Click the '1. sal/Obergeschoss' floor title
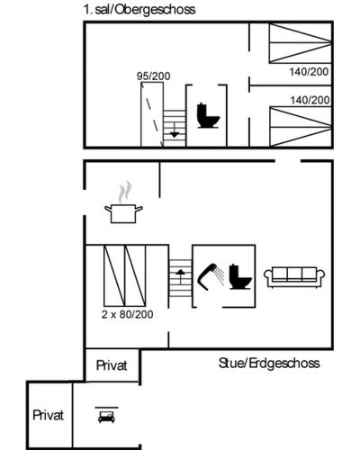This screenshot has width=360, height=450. (x=139, y=10)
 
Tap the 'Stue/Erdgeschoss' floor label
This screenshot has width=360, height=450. (x=269, y=364)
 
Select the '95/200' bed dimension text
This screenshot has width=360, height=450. (x=153, y=76)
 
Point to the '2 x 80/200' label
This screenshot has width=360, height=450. (x=127, y=314)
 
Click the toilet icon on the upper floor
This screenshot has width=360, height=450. (x=208, y=116)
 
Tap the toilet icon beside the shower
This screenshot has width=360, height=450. (x=240, y=276)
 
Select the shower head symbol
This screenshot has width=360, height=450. (x=211, y=276)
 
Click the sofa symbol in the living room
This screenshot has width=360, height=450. (x=294, y=277)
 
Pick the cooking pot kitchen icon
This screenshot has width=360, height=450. (x=123, y=213)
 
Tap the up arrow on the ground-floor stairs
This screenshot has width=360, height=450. (x=180, y=277)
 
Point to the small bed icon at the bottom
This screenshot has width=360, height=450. (x=106, y=415)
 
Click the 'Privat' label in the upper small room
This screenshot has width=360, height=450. (x=112, y=365)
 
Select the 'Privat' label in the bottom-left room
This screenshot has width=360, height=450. (x=48, y=415)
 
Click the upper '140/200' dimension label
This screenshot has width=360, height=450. (x=309, y=72)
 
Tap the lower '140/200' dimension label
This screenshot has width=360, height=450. (x=310, y=100)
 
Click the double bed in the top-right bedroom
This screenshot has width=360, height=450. (x=301, y=43)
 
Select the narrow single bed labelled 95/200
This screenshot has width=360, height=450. (x=152, y=114)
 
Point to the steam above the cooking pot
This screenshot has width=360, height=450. (x=125, y=192)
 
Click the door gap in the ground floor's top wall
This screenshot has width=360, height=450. (x=288, y=161)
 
